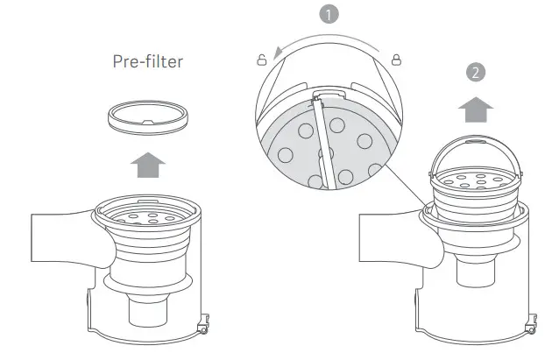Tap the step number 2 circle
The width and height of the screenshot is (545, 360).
[474, 74]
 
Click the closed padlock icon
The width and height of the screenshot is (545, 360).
[396, 60]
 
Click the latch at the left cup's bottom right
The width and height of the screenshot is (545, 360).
[204, 328]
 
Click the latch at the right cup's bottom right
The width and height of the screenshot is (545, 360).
[531, 328]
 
